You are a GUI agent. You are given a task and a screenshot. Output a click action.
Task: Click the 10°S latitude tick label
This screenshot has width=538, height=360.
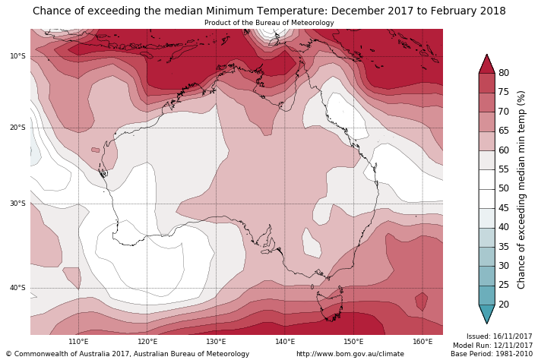click(17, 56)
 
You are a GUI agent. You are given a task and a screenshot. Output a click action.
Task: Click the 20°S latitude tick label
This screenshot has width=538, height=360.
click(17, 128)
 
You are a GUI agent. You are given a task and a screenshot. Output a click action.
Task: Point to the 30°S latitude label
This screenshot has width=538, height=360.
click(17, 204)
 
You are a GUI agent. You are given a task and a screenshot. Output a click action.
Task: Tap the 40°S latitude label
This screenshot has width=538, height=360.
click(17, 288)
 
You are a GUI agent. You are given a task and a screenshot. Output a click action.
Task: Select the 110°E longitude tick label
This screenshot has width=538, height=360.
click(78, 342)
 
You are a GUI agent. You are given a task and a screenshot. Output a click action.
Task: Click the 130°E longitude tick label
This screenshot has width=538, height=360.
click(216, 342)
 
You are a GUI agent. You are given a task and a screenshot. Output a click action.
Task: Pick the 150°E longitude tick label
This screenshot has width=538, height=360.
click(353, 342)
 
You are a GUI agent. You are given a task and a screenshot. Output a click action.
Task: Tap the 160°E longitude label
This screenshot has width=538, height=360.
click(422, 342)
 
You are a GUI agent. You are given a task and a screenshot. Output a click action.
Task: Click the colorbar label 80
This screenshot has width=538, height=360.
click(504, 73)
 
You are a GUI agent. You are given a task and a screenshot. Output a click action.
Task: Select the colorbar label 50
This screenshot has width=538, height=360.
click(504, 188)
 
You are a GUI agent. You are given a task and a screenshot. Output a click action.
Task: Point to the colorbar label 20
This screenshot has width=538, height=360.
click(504, 305)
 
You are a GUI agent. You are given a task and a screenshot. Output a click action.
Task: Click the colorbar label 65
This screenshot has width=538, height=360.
click(504, 131)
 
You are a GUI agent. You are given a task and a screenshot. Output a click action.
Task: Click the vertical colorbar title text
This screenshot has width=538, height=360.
click(521, 189)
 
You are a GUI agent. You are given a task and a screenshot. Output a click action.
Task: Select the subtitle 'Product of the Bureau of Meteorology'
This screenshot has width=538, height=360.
click(269, 23)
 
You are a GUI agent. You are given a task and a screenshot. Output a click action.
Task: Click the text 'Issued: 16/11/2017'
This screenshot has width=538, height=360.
click(499, 336)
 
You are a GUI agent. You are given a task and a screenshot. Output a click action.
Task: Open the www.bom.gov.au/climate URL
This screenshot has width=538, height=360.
click(350, 354)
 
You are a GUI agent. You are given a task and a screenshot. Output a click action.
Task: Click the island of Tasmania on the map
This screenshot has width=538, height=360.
click(332, 307)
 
